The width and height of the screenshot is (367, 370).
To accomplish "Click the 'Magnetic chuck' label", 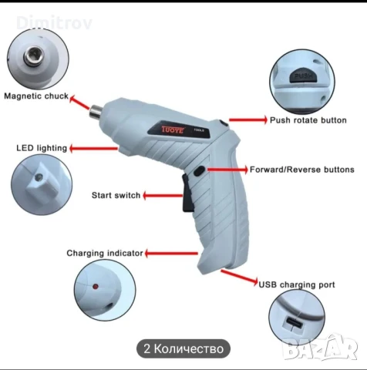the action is [36, 96].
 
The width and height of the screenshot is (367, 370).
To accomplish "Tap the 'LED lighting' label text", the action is [42, 148].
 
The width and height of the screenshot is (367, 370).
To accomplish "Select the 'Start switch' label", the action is [116, 195].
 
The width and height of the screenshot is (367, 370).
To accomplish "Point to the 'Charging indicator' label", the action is [105, 253].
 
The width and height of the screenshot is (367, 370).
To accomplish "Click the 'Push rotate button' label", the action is [308, 120].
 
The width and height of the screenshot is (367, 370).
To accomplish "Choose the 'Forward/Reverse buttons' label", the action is [302, 170].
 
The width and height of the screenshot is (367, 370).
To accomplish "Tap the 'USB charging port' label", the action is [297, 284].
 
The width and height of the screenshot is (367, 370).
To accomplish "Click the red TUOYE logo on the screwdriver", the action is [173, 129].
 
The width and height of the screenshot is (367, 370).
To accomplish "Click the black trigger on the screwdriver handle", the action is [187, 193].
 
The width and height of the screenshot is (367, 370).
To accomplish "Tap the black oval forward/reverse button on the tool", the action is [199, 171].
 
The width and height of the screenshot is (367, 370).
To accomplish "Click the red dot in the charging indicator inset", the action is [96, 287].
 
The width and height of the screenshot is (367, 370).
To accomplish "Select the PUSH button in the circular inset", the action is [304, 75].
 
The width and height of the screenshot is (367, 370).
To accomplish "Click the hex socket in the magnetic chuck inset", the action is [34, 55].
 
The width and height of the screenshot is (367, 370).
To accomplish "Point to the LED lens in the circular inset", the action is [39, 177].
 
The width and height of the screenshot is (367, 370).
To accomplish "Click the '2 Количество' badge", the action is [183, 348].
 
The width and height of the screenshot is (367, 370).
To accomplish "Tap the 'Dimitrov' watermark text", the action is [54, 22].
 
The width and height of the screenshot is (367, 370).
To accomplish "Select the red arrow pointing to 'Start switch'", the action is [163, 196].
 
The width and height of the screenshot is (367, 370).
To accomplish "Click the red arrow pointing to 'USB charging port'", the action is [239, 277].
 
